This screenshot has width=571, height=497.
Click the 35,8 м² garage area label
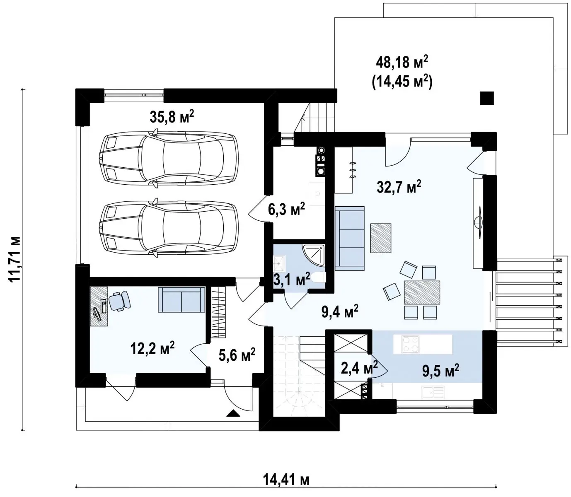[172, 116]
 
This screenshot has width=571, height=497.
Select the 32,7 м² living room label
[399, 186]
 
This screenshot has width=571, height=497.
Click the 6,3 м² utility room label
[286, 209]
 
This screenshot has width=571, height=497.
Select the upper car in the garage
[169, 158]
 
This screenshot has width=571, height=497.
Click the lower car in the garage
[169, 227]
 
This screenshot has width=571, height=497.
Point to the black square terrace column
[487, 98]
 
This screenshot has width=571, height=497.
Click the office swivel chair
[119, 300]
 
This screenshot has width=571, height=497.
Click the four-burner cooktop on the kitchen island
[410, 344]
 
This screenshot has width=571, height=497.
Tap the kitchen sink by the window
[433, 392]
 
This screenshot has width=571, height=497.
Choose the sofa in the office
[181, 299]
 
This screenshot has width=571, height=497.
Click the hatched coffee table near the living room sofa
[381, 238]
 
